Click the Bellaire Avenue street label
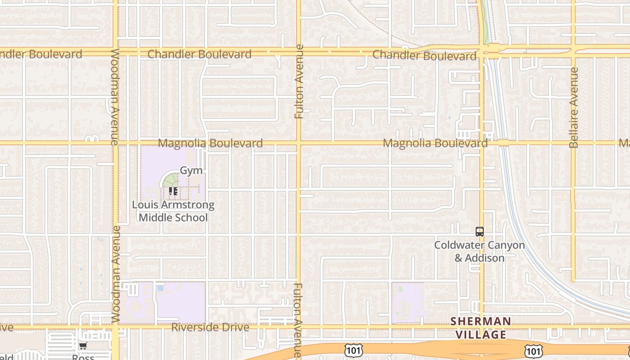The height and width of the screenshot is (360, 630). pyautogui.click(x=573, y=108)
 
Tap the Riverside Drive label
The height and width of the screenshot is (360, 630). pyautogui.click(x=210, y=327)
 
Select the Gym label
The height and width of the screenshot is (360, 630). pyautogui.click(x=191, y=171)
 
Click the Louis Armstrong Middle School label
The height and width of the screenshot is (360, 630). pyautogui.click(x=173, y=211)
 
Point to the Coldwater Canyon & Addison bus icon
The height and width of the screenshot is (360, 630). pyautogui.click(x=480, y=232)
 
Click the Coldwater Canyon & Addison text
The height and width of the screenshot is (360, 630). pyautogui.click(x=479, y=252)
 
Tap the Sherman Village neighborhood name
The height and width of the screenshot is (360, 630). pyautogui.click(x=481, y=328)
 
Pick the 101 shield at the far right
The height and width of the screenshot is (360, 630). pyautogui.click(x=533, y=351)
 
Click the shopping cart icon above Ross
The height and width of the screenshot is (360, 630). pyautogui.click(x=83, y=346)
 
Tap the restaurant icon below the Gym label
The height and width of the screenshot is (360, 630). pyautogui.click(x=173, y=191)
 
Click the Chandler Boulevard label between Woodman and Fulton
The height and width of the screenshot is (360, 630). pyautogui.click(x=199, y=54)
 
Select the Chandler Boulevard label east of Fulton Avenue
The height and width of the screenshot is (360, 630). pyautogui.click(x=424, y=55)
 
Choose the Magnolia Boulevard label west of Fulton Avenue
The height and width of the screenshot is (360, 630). pyautogui.click(x=211, y=144)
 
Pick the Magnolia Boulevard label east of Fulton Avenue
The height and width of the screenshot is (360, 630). pyautogui.click(x=435, y=144)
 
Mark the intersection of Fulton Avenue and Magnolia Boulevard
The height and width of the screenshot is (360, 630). pyautogui.click(x=298, y=144)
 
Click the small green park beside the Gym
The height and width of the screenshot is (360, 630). pyautogui.click(x=171, y=180)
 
